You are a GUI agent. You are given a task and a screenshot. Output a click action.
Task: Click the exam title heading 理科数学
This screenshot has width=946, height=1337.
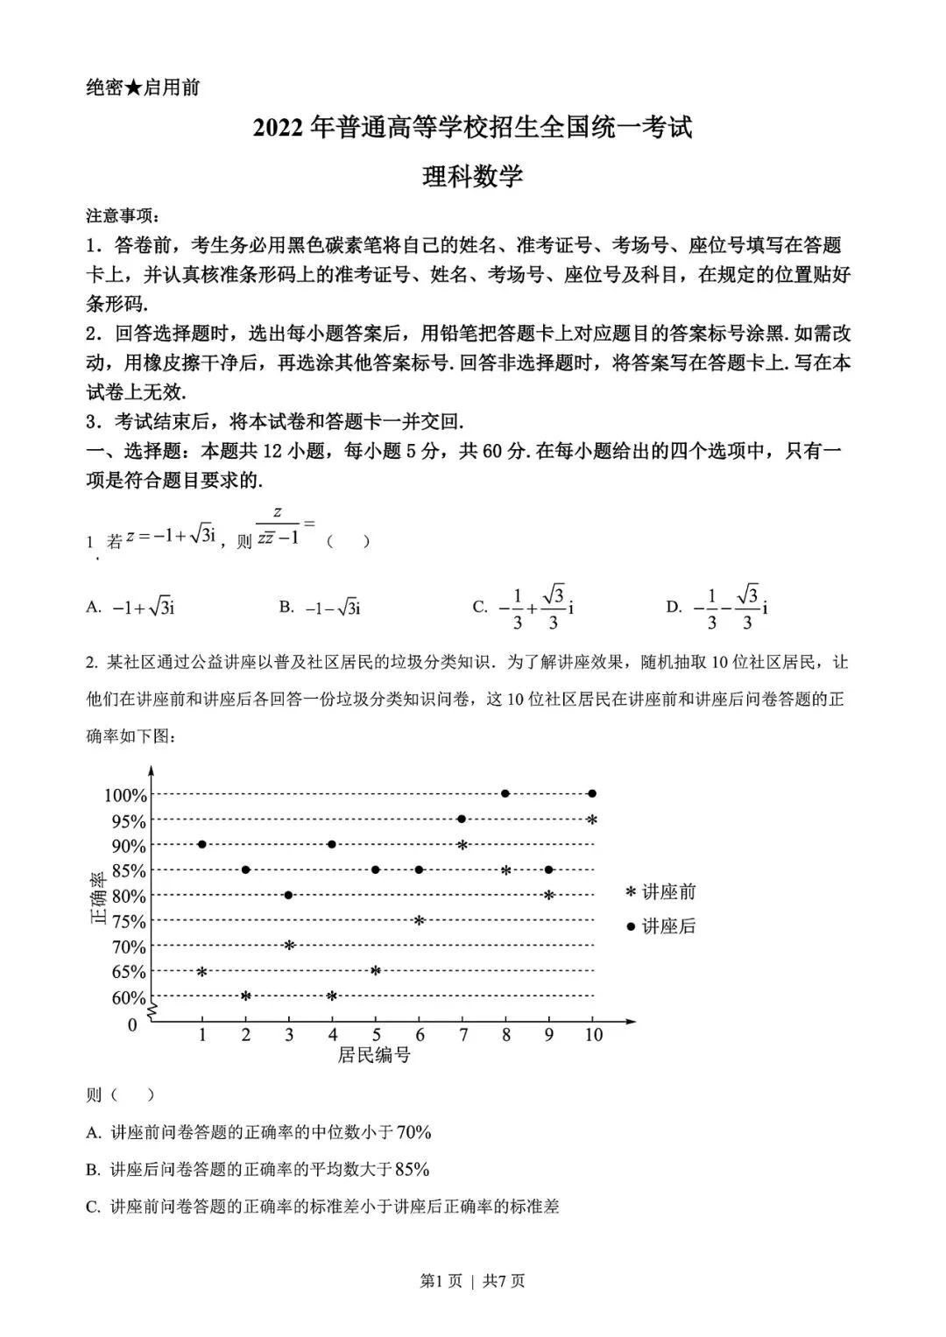click(x=472, y=177)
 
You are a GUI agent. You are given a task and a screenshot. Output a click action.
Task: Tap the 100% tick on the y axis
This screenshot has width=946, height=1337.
click(x=126, y=795)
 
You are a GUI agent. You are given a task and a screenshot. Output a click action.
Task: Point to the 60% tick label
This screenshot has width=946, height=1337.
click(x=129, y=997)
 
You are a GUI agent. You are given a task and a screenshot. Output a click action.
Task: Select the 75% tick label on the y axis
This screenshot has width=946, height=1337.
click(x=129, y=921)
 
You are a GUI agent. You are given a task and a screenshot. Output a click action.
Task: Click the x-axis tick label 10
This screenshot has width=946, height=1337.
click(x=593, y=1035)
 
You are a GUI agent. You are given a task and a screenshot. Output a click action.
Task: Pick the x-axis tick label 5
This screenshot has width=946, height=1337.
click(x=376, y=1035)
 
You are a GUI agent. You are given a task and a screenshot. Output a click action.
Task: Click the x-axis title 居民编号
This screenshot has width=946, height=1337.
click(x=374, y=1055)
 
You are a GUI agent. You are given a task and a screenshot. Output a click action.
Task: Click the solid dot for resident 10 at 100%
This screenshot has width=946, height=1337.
click(x=592, y=793)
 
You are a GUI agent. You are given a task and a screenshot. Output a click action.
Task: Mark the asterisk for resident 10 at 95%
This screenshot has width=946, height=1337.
click(x=592, y=820)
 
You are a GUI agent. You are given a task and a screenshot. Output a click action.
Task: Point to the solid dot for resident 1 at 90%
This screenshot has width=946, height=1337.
click(x=202, y=844)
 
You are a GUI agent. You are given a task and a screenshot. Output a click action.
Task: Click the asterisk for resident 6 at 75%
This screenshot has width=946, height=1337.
click(x=419, y=920)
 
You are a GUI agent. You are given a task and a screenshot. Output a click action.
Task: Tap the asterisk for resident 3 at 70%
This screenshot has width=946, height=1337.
click(x=289, y=945)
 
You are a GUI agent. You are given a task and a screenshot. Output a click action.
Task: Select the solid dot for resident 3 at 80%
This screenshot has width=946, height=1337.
click(x=288, y=895)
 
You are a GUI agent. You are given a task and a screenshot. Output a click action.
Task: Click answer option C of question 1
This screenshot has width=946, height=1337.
click(x=524, y=607)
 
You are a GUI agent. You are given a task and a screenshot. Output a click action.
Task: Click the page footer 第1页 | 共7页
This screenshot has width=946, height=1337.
click(x=473, y=1281)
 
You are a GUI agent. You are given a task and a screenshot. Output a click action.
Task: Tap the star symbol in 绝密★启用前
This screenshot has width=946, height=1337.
click(x=133, y=88)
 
